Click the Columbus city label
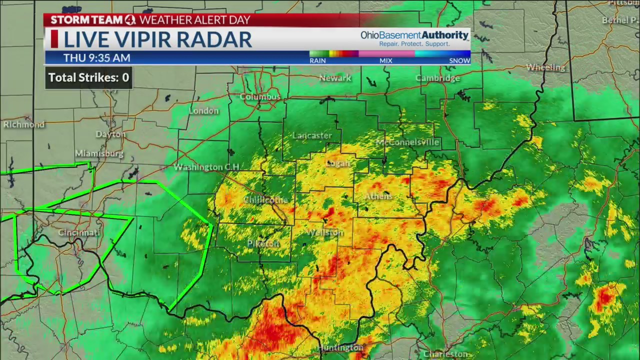[260, 96]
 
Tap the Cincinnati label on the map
[79, 232]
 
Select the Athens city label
[378, 196]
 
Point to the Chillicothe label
[266, 200]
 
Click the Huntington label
[340, 347]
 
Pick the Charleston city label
[445, 354]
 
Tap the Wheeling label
[545, 67]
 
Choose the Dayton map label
[110, 134]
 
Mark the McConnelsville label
[407, 142]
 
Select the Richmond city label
[23, 124]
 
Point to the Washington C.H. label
[206, 167]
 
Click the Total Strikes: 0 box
[89, 77]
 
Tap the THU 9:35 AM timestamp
[96, 58]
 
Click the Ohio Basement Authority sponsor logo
[414, 38]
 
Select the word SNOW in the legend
[459, 60]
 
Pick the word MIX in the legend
[385, 60]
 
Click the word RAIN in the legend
[317, 60]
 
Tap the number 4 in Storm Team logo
[130, 20]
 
